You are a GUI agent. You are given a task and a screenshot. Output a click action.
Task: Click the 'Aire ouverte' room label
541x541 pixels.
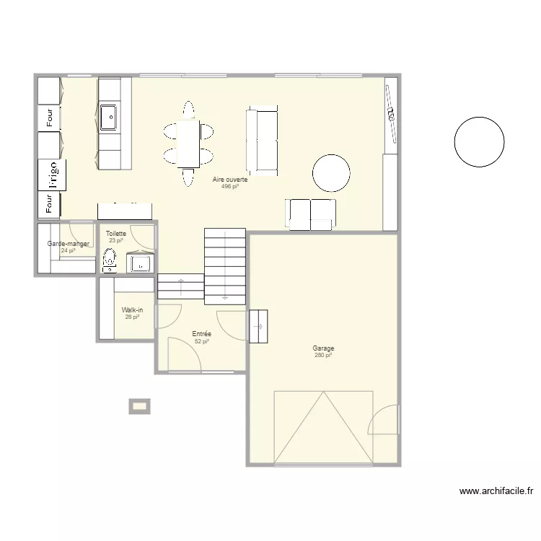(x=230, y=180)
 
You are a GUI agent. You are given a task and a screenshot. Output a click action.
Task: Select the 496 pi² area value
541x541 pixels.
(x=230, y=186)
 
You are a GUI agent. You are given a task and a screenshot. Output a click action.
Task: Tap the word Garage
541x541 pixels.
(x=324, y=348)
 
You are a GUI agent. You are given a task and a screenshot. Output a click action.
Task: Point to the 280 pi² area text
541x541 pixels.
(x=323, y=355)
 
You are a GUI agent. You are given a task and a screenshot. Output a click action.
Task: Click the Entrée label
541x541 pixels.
(x=201, y=334)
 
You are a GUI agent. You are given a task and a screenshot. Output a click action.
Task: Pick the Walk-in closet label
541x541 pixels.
(x=132, y=309)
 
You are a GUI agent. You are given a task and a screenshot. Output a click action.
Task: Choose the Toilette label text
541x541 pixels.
(x=116, y=234)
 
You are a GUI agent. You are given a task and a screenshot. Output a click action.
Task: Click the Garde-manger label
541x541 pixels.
(x=68, y=244)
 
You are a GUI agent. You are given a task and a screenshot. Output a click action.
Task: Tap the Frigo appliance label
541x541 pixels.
(x=53, y=175)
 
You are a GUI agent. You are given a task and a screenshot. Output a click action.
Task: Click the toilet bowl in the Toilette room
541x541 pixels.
(x=110, y=258)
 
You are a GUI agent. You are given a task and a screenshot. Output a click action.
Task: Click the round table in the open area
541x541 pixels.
(x=331, y=173)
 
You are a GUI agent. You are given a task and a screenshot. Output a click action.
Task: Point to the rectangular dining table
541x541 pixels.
(x=188, y=143)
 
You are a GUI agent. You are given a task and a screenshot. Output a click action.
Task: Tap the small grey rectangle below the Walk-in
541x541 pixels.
(x=139, y=406)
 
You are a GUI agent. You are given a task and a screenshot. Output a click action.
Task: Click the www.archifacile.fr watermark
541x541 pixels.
(x=496, y=492)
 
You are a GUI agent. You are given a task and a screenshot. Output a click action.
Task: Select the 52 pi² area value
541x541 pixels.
(x=201, y=341)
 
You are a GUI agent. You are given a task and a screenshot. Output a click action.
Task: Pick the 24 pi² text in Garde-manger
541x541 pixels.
(x=68, y=251)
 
